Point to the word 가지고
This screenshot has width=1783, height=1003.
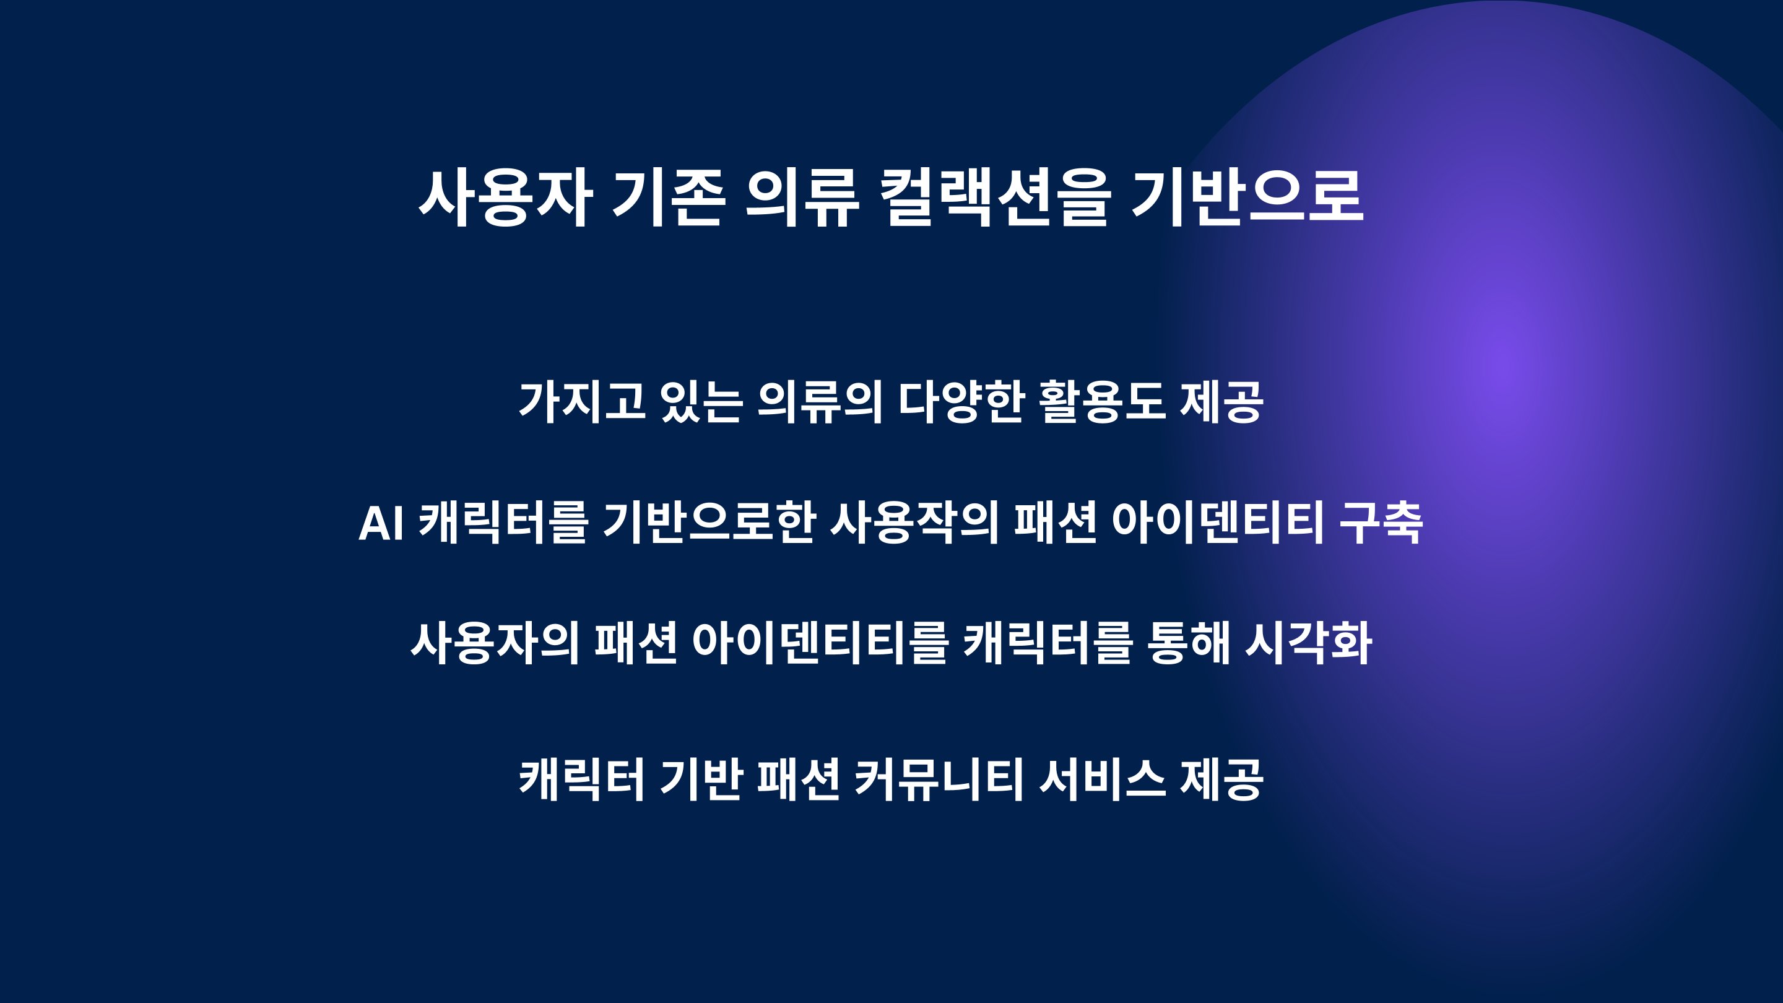[x=582, y=401]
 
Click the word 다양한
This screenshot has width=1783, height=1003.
[x=961, y=401]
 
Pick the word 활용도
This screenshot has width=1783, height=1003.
[x=1103, y=401]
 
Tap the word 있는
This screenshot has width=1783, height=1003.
[x=702, y=401]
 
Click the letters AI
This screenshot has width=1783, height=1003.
[x=381, y=523]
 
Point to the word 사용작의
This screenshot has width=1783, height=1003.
[x=914, y=523]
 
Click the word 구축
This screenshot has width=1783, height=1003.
[x=1382, y=523]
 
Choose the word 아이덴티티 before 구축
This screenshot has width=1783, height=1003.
[x=1218, y=523]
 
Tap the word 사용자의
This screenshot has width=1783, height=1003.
[x=495, y=643]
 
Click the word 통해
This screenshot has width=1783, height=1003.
[x=1189, y=643]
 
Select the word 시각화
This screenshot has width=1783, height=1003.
[x=1309, y=643]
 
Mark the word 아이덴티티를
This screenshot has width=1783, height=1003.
[x=820, y=643]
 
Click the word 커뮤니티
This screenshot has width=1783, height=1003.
[x=939, y=779]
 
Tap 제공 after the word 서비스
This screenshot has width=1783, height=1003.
[x=1221, y=779]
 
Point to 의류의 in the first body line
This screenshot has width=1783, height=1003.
[x=820, y=401]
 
